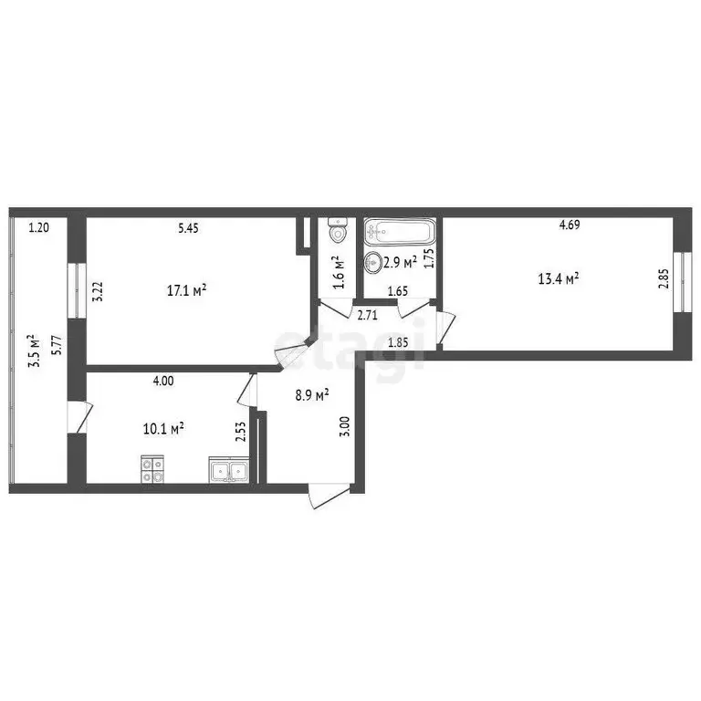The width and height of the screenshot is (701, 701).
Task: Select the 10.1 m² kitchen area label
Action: pyautogui.click(x=165, y=426)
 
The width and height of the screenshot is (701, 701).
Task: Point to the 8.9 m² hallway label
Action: pyautogui.click(x=311, y=394)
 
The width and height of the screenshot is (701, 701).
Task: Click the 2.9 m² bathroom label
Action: pyautogui.click(x=401, y=262)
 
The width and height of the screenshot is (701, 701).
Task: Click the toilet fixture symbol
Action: pyautogui.click(x=338, y=230)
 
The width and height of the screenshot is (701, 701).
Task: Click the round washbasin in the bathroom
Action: pyautogui.click(x=374, y=265)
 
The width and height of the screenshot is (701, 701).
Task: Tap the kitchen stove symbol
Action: pyautogui.click(x=152, y=469)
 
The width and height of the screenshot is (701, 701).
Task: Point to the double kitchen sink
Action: pyautogui.click(x=228, y=471)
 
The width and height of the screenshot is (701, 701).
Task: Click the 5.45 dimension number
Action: pyautogui.click(x=187, y=228)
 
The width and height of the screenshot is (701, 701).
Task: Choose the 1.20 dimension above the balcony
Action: pyautogui.click(x=38, y=228)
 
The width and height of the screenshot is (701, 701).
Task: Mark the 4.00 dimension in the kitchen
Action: pyautogui.click(x=162, y=382)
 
